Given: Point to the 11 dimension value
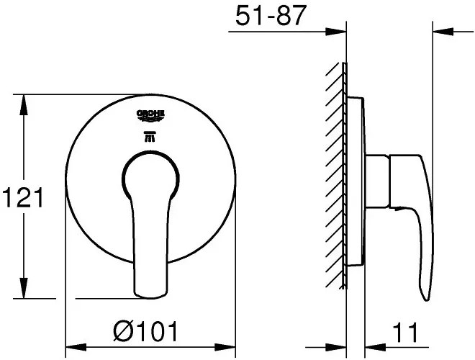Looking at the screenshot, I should [x=407, y=333].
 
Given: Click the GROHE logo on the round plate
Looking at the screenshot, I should [x=151, y=114].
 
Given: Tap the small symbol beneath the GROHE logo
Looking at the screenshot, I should [x=151, y=137].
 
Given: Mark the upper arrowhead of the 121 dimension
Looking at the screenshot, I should [x=25, y=104].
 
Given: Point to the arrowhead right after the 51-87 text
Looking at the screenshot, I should [x=337, y=31].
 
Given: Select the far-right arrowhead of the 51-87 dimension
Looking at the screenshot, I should [x=442, y=31].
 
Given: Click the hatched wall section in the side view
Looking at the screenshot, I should [x=333, y=173].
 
